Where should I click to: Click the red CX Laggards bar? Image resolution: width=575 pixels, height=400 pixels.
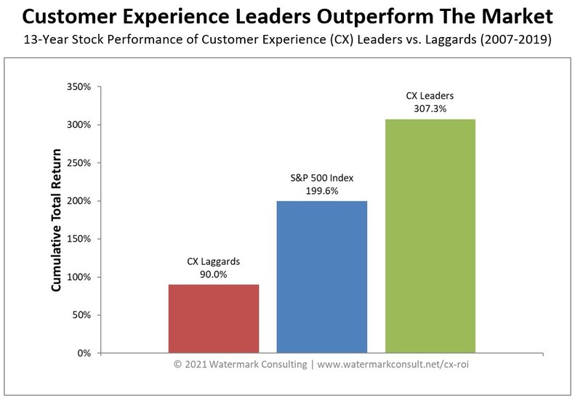click(214, 319)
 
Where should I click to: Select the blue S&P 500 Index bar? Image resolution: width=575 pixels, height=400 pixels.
click(322, 277)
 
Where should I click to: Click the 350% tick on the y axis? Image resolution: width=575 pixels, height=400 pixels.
click(78, 87)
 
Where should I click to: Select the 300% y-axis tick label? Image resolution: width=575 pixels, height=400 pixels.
click(78, 125)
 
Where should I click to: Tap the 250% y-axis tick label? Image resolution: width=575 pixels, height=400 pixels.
click(78, 163)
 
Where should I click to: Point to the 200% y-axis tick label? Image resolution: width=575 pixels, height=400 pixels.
click(78, 201)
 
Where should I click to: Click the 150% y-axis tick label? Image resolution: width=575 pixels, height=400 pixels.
click(78, 240)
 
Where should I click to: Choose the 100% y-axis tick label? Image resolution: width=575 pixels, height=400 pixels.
click(78, 277)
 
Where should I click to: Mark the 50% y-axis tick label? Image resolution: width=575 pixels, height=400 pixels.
click(81, 316)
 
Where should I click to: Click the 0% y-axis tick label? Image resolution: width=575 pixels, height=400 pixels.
click(84, 354)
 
